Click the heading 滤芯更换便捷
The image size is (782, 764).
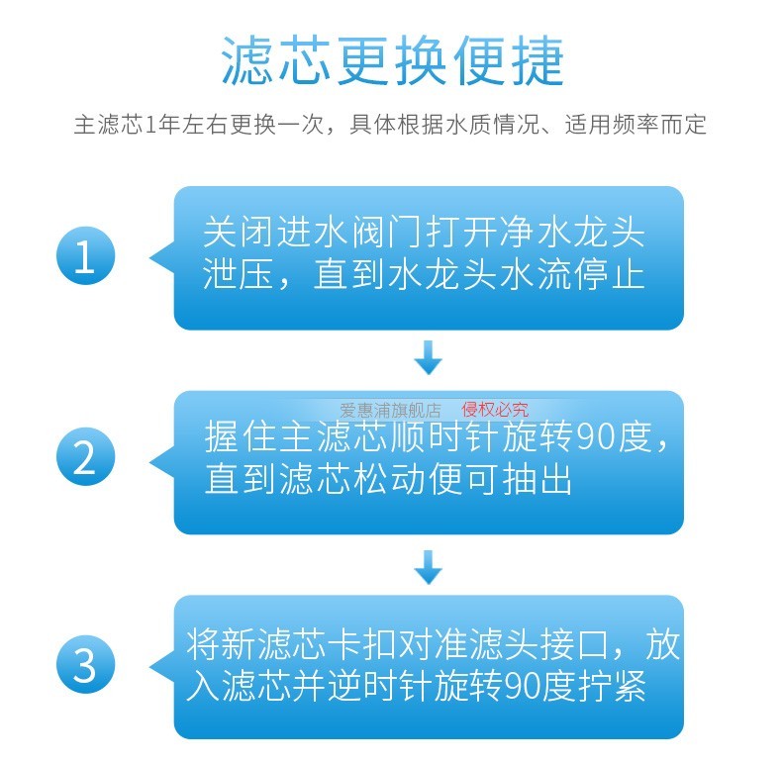[x=391, y=61]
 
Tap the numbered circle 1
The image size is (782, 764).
[x=85, y=257]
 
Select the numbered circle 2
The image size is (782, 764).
[x=85, y=459]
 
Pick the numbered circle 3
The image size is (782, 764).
[x=85, y=665]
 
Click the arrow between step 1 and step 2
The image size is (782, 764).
[x=428, y=358]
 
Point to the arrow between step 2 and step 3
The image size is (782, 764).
[x=428, y=566]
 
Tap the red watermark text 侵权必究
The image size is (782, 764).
[x=495, y=409]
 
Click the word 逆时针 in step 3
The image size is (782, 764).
[x=397, y=686]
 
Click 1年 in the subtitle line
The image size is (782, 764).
[x=157, y=126]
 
